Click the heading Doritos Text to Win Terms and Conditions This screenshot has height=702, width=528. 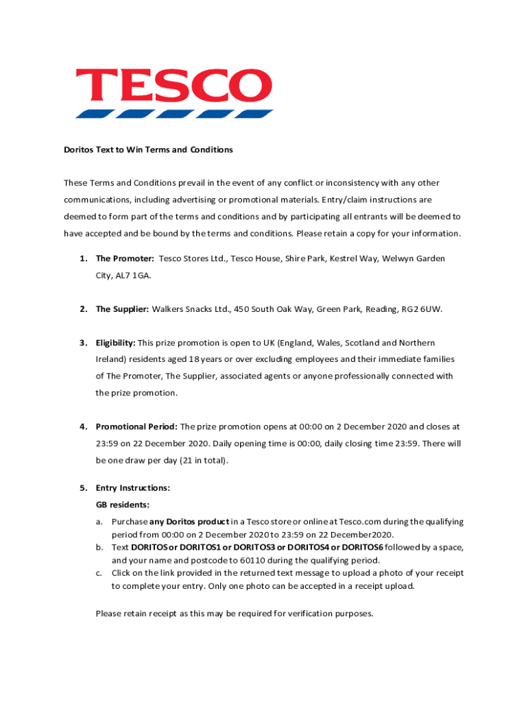149,149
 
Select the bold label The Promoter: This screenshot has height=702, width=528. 125,258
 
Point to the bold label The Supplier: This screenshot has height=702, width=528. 122,309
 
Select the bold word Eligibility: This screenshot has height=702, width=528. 116,343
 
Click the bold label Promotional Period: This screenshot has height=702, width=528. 136,426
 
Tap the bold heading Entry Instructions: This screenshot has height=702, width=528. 133,488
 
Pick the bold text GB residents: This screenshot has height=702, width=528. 123,505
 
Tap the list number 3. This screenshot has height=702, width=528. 82,343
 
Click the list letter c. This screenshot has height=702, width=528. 99,573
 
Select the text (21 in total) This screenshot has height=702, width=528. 202,461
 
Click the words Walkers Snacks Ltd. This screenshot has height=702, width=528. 183,309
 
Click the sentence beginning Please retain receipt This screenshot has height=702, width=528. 235,614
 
